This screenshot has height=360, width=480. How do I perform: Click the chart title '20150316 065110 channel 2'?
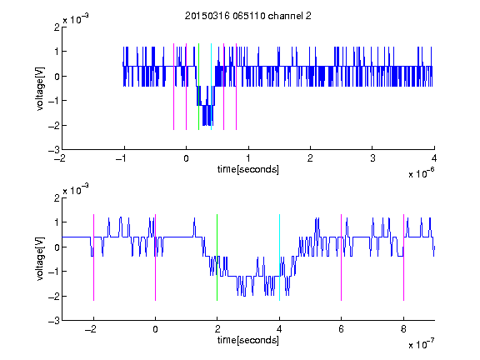[x=248, y=16]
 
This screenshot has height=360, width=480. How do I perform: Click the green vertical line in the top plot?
[x=198, y=87]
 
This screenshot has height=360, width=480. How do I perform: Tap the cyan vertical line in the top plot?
[x=211, y=87]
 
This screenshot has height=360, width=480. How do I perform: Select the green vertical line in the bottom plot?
[x=217, y=257]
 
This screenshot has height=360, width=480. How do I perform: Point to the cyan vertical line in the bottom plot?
[x=279, y=257]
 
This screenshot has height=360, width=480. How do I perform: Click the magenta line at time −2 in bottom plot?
[x=93, y=257]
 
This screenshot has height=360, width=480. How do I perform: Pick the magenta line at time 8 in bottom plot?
[x=404, y=257]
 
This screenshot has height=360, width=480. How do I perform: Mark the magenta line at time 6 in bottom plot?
[x=342, y=257]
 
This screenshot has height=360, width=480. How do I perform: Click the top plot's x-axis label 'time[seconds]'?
[x=248, y=169]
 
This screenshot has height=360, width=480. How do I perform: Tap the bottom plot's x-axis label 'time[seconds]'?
[x=248, y=340]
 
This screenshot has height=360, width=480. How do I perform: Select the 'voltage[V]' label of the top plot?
[x=40, y=88]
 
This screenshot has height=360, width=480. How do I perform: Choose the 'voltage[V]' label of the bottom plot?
[x=40, y=258]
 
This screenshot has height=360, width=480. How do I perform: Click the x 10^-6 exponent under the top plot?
[x=421, y=173]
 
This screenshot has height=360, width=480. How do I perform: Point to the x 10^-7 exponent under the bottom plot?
[x=421, y=344]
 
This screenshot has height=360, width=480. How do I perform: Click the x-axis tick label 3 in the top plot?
[x=372, y=158]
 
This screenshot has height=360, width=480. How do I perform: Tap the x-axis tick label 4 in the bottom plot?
[x=279, y=329]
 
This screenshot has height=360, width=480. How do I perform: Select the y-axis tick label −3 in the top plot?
[x=54, y=150]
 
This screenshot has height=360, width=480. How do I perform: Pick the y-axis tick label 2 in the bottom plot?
[x=57, y=197]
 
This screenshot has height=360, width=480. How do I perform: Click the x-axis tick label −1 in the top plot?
[x=121, y=158]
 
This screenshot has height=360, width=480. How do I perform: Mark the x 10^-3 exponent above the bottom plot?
[x=76, y=190]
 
